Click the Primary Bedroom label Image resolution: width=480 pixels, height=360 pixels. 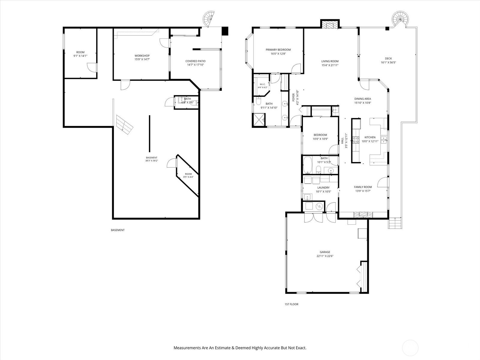click(278, 49)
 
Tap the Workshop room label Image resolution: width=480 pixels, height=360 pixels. click(142, 56)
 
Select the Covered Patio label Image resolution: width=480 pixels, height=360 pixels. click(195, 61)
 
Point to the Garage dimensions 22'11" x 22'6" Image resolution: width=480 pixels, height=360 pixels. click(325, 256)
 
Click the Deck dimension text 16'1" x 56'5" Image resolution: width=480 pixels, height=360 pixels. click(388, 62)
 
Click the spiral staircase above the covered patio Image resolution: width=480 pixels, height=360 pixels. click(209, 19)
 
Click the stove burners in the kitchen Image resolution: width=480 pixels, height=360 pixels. click(356, 140)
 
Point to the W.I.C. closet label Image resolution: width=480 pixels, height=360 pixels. click(262, 84)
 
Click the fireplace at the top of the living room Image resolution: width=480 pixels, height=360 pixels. click(330, 25)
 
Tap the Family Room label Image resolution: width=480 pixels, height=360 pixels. click(363, 187)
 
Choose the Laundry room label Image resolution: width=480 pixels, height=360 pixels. click(323, 187)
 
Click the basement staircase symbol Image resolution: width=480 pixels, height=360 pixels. click(124, 124)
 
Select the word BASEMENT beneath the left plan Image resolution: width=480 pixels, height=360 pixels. click(118, 230)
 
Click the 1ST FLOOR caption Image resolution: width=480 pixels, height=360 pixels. click(291, 304)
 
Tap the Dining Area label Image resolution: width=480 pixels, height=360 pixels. click(363, 99)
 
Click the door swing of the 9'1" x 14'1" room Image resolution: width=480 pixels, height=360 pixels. click(91, 67)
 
